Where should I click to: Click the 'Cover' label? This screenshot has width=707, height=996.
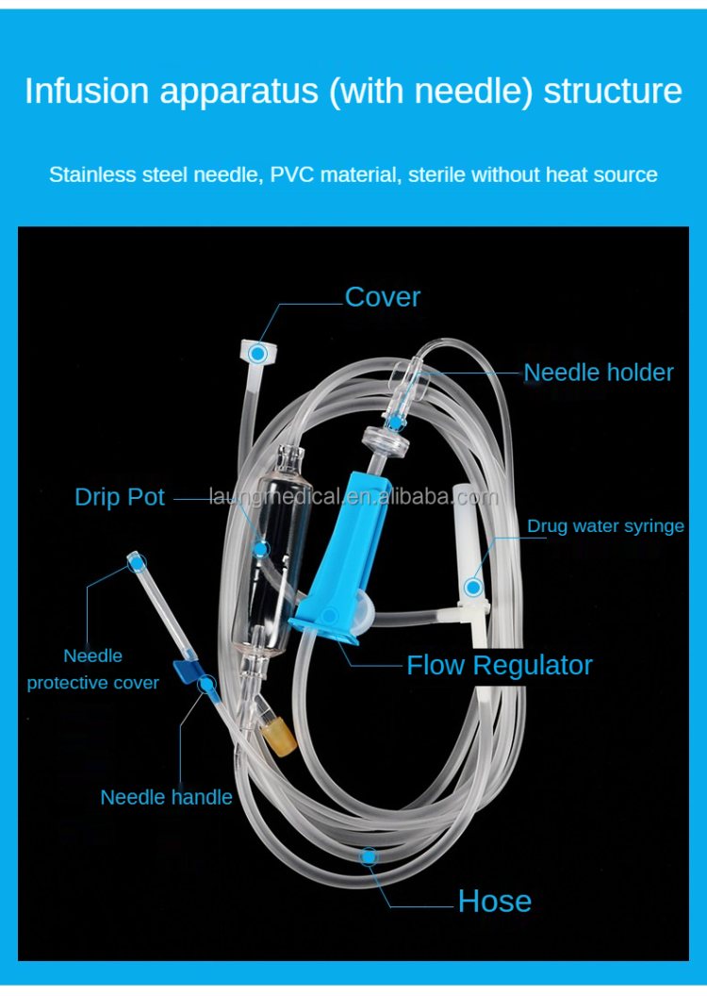(x=382, y=297)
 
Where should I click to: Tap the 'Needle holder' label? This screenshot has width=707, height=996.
(x=599, y=373)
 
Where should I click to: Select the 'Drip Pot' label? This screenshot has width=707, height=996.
(x=120, y=497)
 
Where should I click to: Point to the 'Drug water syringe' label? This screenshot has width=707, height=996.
(x=605, y=526)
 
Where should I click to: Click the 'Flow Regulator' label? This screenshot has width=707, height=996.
(x=499, y=666)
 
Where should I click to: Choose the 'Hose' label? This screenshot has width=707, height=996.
(x=494, y=902)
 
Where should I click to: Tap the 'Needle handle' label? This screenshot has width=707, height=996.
(x=166, y=797)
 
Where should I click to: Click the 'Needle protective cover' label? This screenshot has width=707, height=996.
(x=92, y=669)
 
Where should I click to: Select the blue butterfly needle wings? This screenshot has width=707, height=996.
(x=189, y=672)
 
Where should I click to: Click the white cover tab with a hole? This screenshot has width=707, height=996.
(x=255, y=354)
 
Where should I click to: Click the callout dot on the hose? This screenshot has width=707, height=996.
(x=369, y=855)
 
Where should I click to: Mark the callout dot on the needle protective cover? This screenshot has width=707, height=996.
(x=138, y=564)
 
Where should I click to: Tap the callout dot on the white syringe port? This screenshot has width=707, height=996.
(x=472, y=588)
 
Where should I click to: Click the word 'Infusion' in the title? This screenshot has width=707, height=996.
(x=87, y=91)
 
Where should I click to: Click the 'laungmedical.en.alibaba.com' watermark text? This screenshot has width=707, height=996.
(x=353, y=497)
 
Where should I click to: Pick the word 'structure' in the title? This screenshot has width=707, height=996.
(x=613, y=91)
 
